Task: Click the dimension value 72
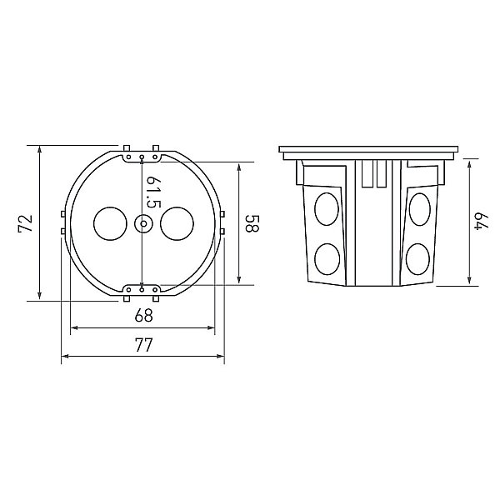(x=26, y=223)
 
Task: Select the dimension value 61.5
(x=153, y=192)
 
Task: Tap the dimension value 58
(x=252, y=222)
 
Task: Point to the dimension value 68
(x=144, y=315)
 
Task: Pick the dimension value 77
(x=144, y=345)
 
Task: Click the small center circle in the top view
(x=143, y=223)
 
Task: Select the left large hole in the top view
(x=110, y=223)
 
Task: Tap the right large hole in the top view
(x=177, y=223)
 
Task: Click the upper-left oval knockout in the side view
(x=327, y=209)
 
